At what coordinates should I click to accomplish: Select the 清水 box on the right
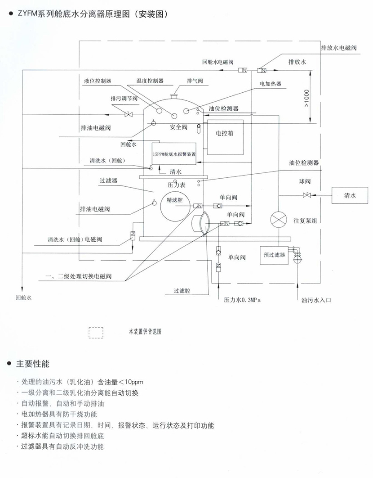349,195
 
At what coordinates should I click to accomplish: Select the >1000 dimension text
306,100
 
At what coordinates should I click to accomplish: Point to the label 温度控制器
150,81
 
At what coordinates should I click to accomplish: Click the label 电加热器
270,83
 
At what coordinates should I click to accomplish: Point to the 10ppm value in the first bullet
133,382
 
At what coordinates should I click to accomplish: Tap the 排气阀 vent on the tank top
173,95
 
